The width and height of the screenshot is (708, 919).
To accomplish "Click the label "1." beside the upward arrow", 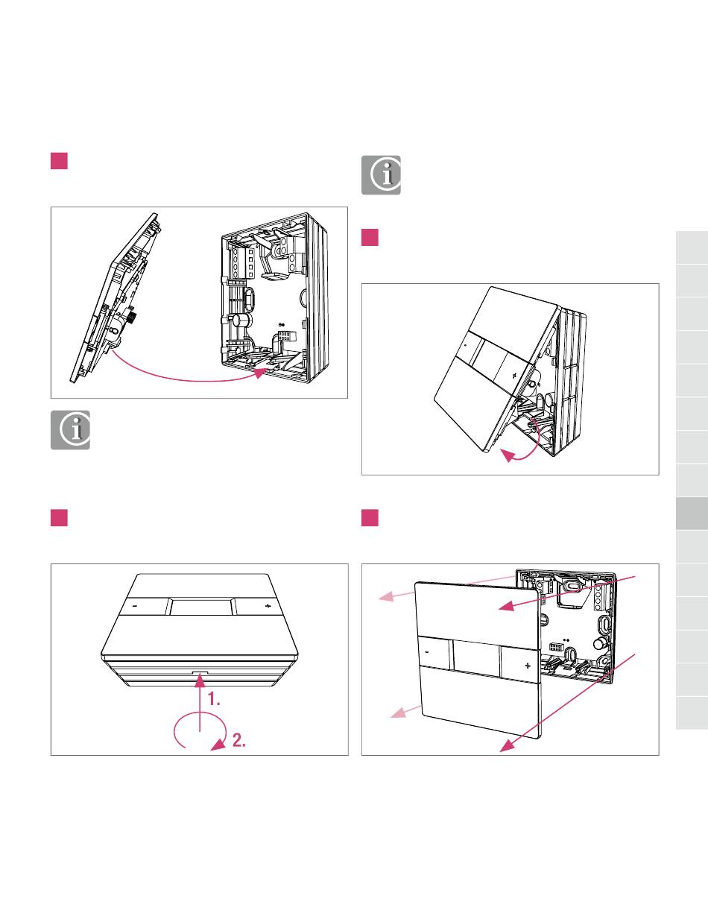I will pyautogui.click(x=215, y=700).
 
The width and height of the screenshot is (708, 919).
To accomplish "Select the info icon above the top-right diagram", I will pyautogui.click(x=381, y=175).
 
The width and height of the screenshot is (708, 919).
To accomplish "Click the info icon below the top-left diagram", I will pyautogui.click(x=70, y=430).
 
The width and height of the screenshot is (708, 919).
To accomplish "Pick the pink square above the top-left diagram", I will pyautogui.click(x=60, y=161).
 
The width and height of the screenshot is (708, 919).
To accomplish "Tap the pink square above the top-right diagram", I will pyautogui.click(x=370, y=238).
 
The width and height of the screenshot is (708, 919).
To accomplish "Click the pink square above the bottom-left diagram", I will pyautogui.click(x=60, y=518).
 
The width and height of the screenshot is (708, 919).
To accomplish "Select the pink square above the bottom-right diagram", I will pyautogui.click(x=370, y=518).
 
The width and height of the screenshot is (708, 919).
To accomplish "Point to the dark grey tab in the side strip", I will pyautogui.click(x=692, y=514).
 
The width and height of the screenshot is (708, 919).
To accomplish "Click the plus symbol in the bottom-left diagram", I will pyautogui.click(x=268, y=606).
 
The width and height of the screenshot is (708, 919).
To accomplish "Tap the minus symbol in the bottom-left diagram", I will pyautogui.click(x=135, y=606).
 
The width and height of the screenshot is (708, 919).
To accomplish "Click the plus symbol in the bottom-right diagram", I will pyautogui.click(x=528, y=663).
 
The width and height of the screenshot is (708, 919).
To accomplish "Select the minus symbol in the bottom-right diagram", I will pyautogui.click(x=427, y=651).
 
